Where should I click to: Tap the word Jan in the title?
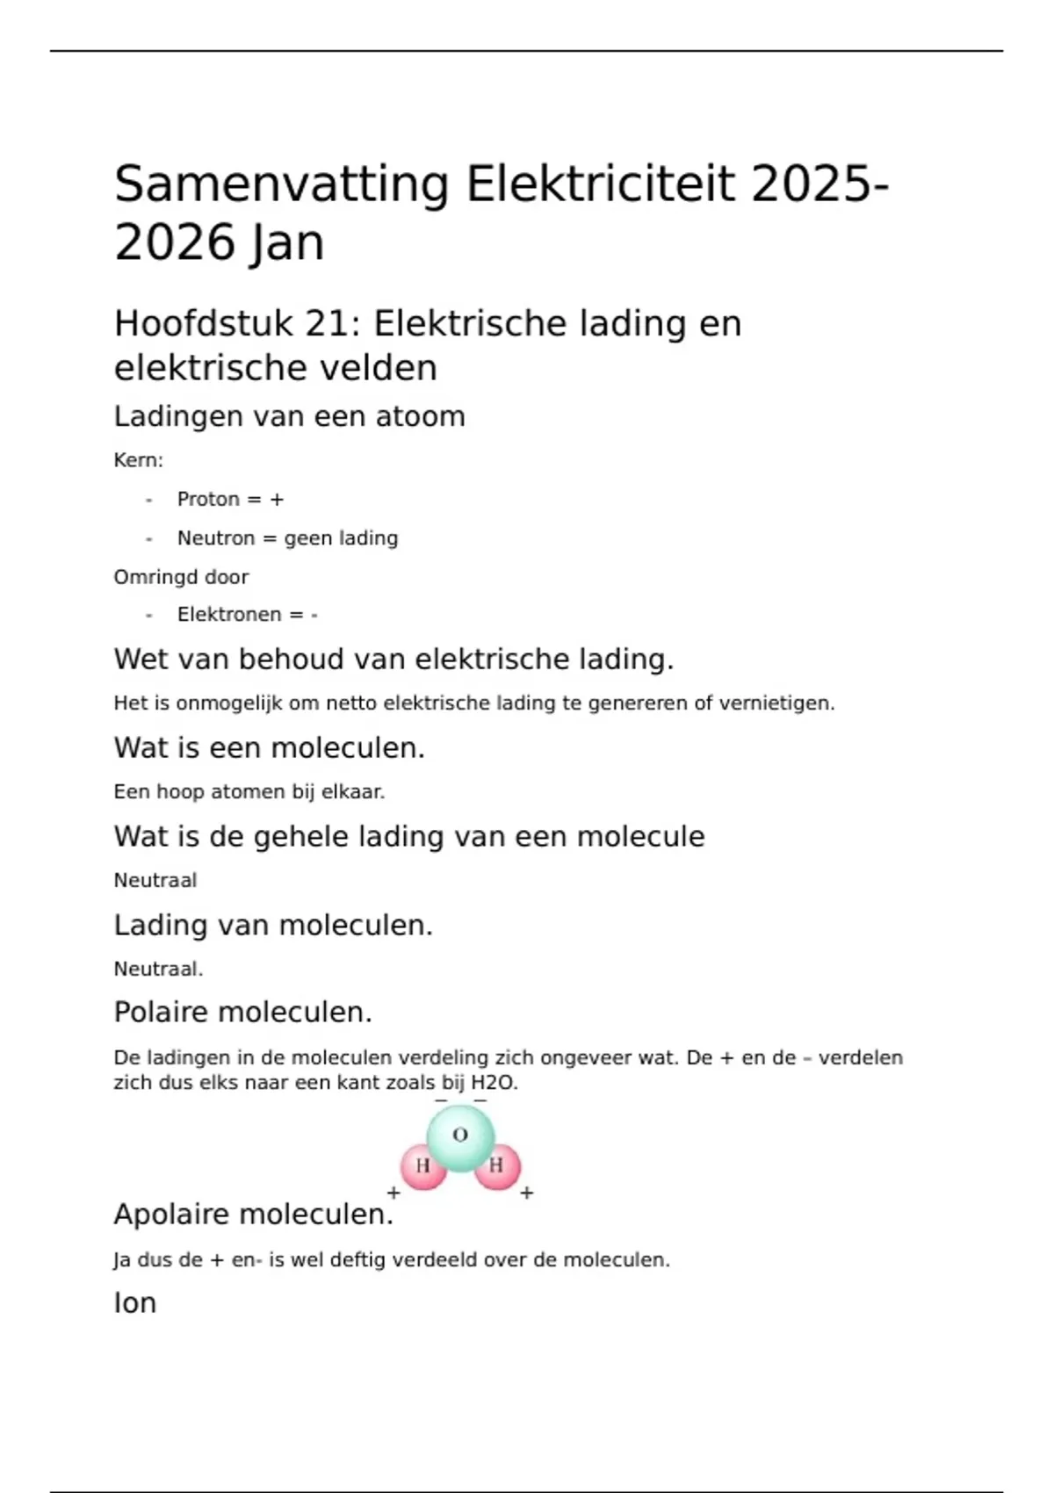click(x=286, y=243)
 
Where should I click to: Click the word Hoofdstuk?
click(x=204, y=324)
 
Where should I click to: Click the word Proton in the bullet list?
click(x=208, y=500)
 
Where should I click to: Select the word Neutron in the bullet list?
click(x=216, y=538)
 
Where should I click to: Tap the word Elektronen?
click(x=229, y=615)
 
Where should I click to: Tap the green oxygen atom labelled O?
click(x=460, y=1136)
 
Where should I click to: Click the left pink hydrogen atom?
click(x=423, y=1167)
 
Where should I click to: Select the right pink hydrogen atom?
click(x=497, y=1166)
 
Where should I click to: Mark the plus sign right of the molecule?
click(x=527, y=1193)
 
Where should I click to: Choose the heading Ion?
click(x=135, y=1303)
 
